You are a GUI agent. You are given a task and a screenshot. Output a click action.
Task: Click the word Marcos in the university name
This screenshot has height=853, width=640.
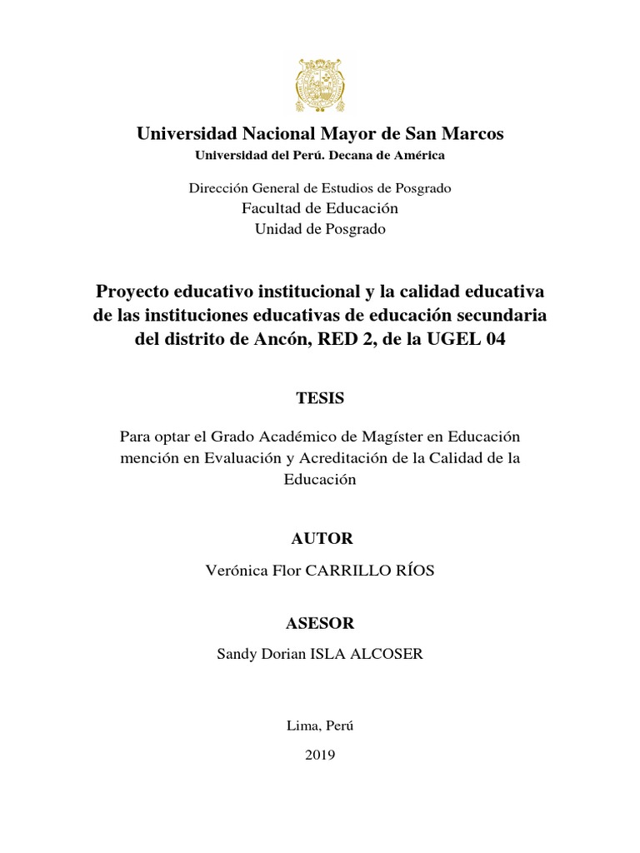tap(472, 133)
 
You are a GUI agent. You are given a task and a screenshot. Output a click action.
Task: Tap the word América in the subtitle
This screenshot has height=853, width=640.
tap(420, 155)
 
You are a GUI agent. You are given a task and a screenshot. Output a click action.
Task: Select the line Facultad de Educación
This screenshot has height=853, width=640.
tap(320, 207)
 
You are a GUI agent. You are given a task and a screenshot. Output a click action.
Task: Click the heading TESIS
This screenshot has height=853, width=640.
tap(320, 398)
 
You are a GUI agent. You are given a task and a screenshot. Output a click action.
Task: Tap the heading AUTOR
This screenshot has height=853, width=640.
tap(322, 538)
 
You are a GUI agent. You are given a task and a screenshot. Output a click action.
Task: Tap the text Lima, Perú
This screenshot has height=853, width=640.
tap(320, 725)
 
